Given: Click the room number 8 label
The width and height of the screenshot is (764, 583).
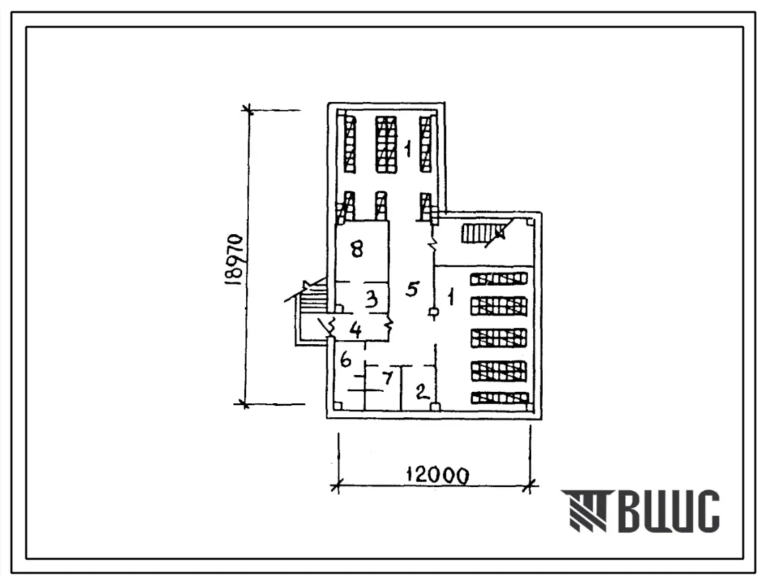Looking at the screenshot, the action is coord(357,250).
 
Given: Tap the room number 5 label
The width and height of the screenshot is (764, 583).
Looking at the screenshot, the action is coord(413,289).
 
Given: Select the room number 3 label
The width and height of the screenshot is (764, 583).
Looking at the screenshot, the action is coord(372,299).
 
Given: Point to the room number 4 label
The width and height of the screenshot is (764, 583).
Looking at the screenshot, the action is coord(356,330).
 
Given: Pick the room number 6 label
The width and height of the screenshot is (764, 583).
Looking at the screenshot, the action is coord(345,360).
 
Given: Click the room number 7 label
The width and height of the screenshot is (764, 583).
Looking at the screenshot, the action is coord(388,378).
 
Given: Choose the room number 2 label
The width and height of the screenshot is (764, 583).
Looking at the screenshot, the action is coord(421,391).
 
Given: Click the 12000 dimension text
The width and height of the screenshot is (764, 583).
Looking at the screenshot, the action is coord(437,474).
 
